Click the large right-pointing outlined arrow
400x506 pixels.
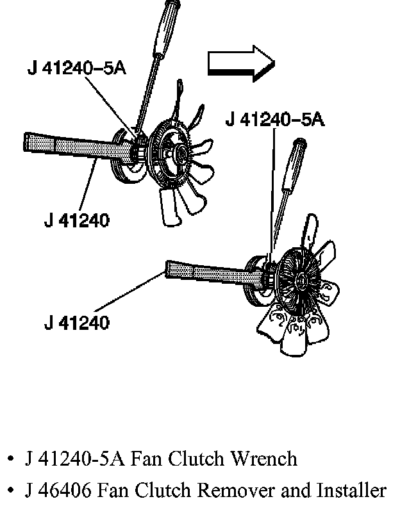240,63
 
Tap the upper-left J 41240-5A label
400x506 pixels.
76,69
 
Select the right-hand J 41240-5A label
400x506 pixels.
275,120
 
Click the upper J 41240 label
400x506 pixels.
76,220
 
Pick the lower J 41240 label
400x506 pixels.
76,321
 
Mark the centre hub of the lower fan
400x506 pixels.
299,279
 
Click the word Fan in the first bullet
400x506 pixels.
146,459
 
